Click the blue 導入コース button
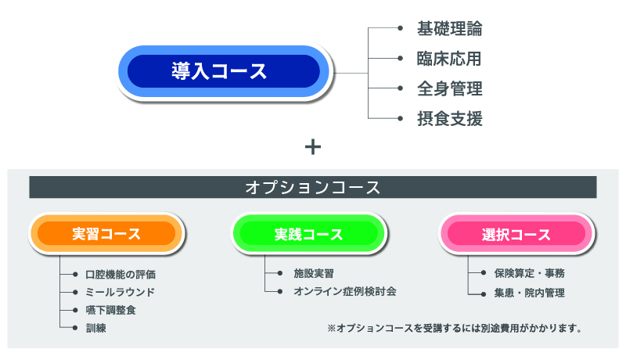[x=224, y=71]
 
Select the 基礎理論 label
[x=449, y=29]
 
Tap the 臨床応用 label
[x=449, y=59]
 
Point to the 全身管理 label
[x=449, y=88]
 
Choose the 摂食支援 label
[x=449, y=118]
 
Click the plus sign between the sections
[x=312, y=147]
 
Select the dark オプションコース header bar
[x=312, y=187]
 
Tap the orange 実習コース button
[x=106, y=233]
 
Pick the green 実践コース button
[x=308, y=234]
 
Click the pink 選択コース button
[x=516, y=234]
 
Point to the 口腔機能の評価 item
[x=121, y=275]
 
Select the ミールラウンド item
[x=121, y=293]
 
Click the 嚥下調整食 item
[x=110, y=310]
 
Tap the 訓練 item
[x=95, y=328]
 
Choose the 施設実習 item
[x=314, y=273]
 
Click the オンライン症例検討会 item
[x=345, y=291]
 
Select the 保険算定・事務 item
[x=530, y=273]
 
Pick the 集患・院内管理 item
[x=530, y=293]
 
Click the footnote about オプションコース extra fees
[x=455, y=329]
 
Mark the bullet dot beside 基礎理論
[x=400, y=28]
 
